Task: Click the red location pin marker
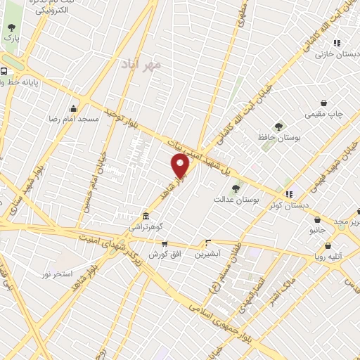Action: [181, 166]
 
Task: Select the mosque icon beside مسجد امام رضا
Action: [74, 108]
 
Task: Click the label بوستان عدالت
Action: [236, 200]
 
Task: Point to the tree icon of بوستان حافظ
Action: [279, 127]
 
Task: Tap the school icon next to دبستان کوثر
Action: [288, 193]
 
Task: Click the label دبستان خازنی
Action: [332, 54]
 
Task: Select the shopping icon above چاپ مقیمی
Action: [323, 103]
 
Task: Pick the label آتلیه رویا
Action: [328, 257]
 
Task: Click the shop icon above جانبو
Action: [318, 219]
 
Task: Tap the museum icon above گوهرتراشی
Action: [145, 216]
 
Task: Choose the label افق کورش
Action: [163, 254]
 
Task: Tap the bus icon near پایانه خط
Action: [5, 71]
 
